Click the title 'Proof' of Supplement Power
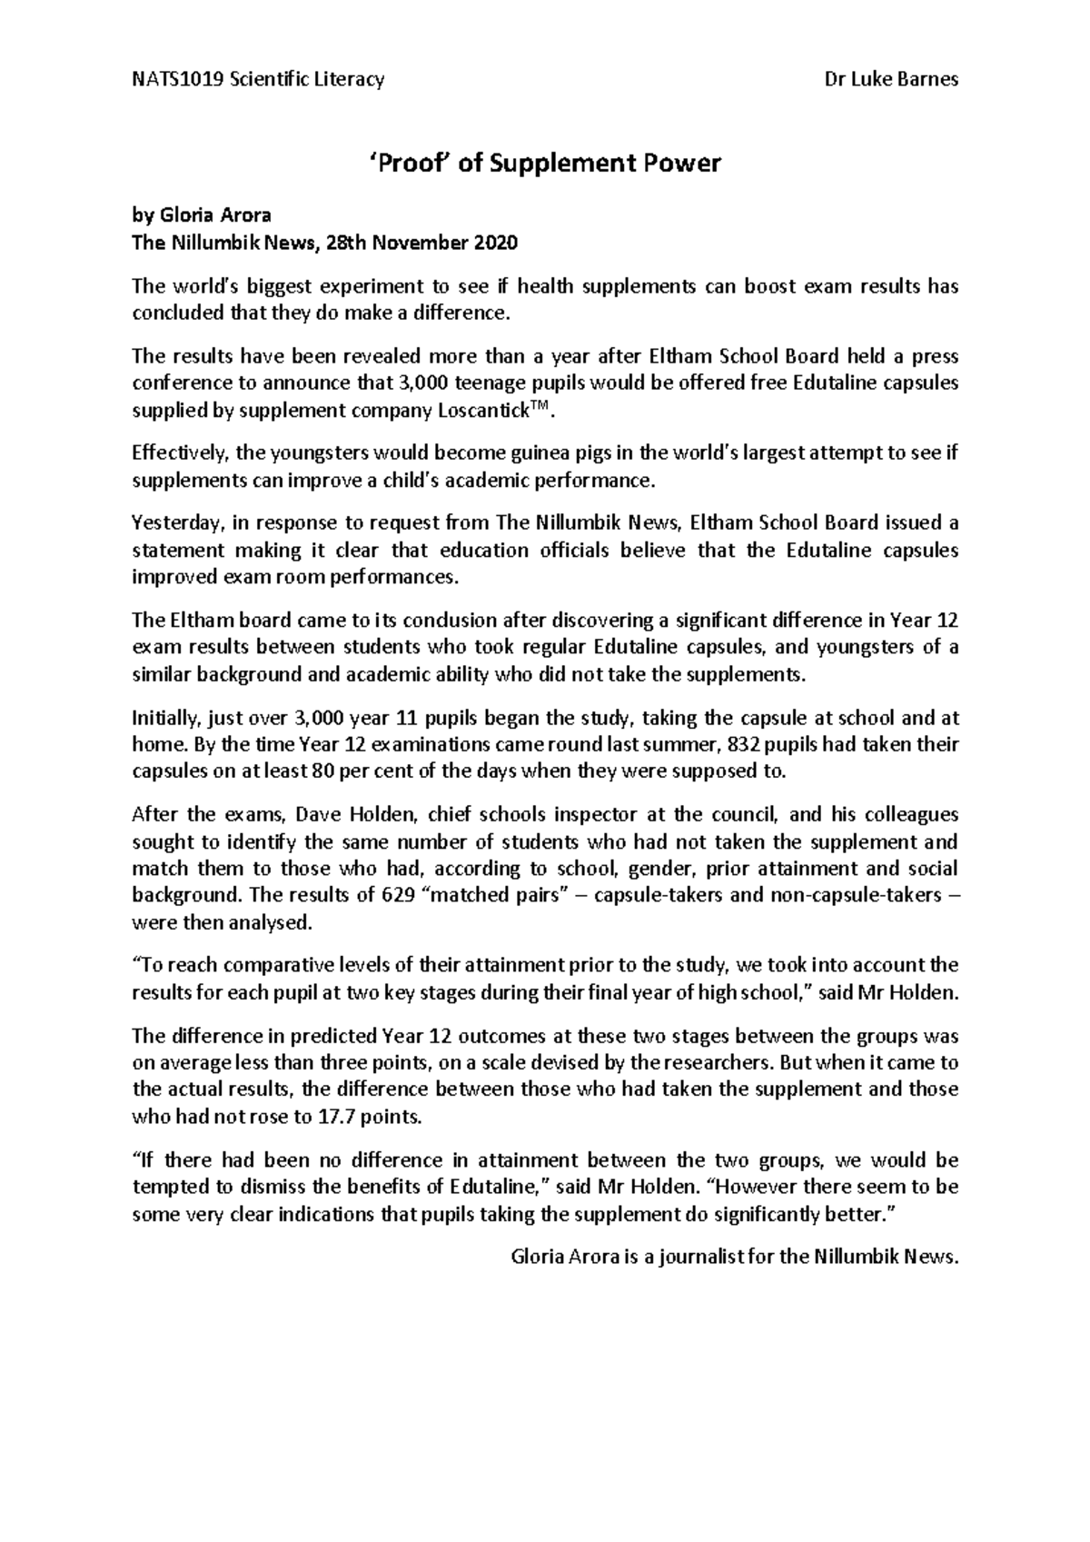point(545,164)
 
